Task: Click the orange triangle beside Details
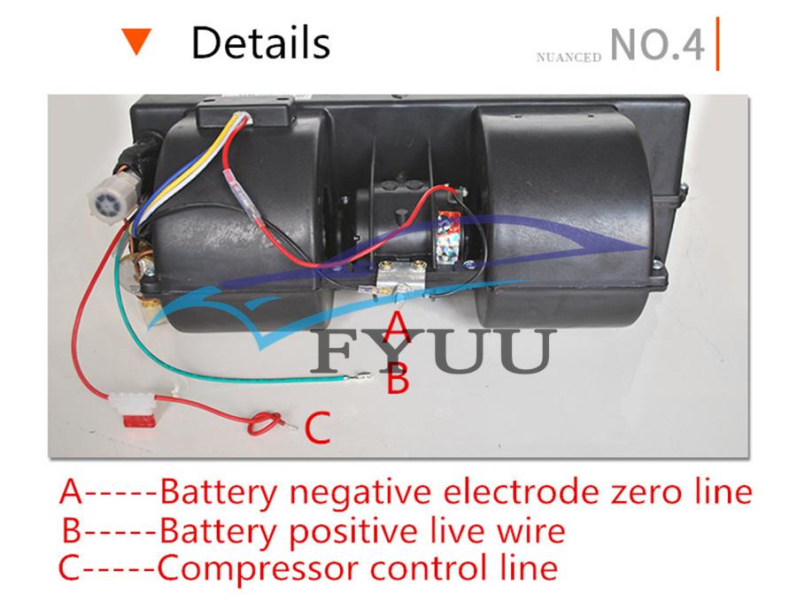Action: pyautogui.click(x=137, y=42)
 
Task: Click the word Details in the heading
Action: pyautogui.click(x=260, y=42)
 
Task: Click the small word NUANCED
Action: pyautogui.click(x=569, y=57)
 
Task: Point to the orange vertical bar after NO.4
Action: pyautogui.click(x=716, y=42)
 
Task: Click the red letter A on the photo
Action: pyautogui.click(x=399, y=326)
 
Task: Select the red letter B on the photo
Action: pyautogui.click(x=398, y=381)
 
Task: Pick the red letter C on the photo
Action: pyautogui.click(x=317, y=428)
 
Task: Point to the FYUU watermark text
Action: pyautogui.click(x=434, y=351)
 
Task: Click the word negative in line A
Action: pyautogui.click(x=359, y=492)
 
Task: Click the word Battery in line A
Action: pyautogui.click(x=218, y=492)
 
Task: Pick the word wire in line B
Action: pyautogui.click(x=531, y=531)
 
